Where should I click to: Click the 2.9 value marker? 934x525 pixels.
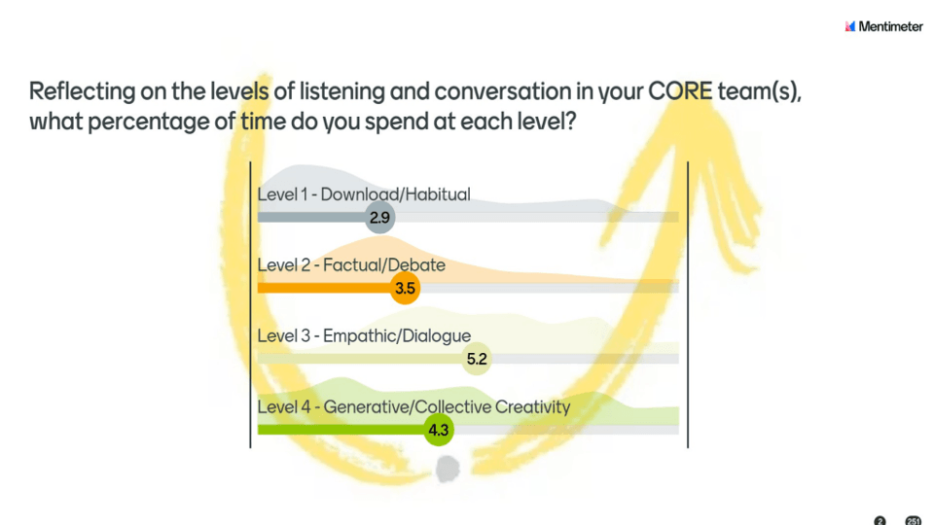tap(380, 217)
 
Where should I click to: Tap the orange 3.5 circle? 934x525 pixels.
tap(405, 288)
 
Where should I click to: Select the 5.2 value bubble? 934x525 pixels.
tap(477, 359)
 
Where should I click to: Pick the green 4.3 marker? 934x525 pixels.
tap(439, 430)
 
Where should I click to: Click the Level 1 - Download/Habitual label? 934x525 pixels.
tap(363, 194)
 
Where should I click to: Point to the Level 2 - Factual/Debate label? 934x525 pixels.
tap(351, 264)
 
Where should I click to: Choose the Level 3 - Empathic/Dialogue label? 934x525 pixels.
tap(364, 335)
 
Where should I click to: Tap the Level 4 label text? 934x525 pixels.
tap(413, 406)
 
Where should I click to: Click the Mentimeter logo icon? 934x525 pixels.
tap(850, 26)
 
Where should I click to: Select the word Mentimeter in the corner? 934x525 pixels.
tap(890, 26)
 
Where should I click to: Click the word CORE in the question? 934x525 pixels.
tap(680, 91)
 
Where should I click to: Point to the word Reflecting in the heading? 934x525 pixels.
tap(82, 92)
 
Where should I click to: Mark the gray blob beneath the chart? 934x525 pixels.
tap(448, 469)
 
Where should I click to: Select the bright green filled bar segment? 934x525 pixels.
tap(341, 430)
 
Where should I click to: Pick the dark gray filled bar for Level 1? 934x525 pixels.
tap(311, 217)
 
